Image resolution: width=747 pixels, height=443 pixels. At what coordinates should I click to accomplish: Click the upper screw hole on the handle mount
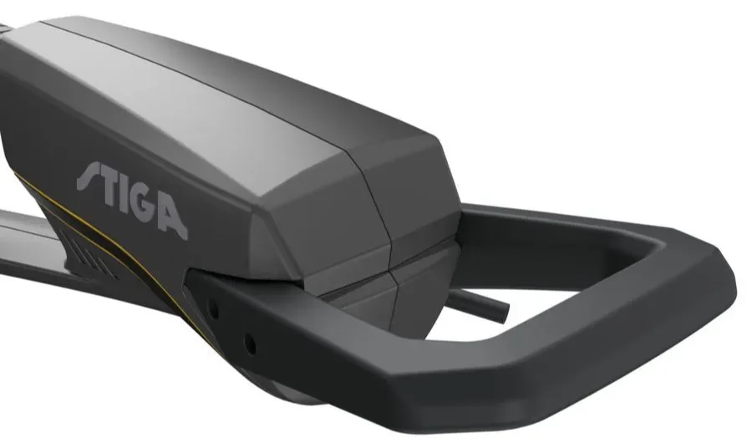214,310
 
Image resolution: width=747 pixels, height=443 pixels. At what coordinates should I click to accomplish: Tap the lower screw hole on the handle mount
250,344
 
